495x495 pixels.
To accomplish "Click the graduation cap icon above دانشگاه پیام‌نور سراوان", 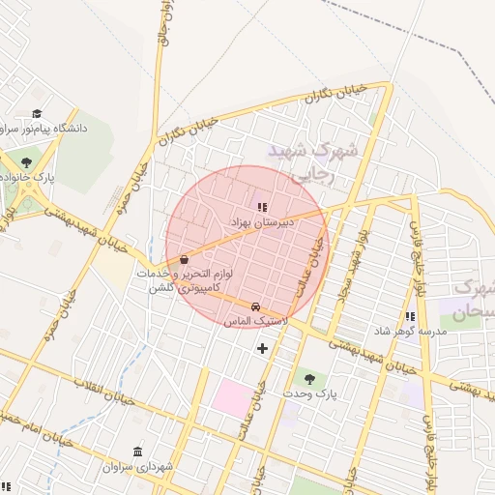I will pos(37,114).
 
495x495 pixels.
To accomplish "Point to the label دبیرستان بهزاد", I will pos(260,221).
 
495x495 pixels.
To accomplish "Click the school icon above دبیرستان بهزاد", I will pos(260,206).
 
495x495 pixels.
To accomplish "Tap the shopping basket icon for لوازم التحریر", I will pos(184,259).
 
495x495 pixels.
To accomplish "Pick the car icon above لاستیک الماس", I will pos(255,306).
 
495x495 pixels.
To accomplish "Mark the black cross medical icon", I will pos(262,348).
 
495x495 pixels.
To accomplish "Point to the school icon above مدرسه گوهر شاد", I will pos(411,316).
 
